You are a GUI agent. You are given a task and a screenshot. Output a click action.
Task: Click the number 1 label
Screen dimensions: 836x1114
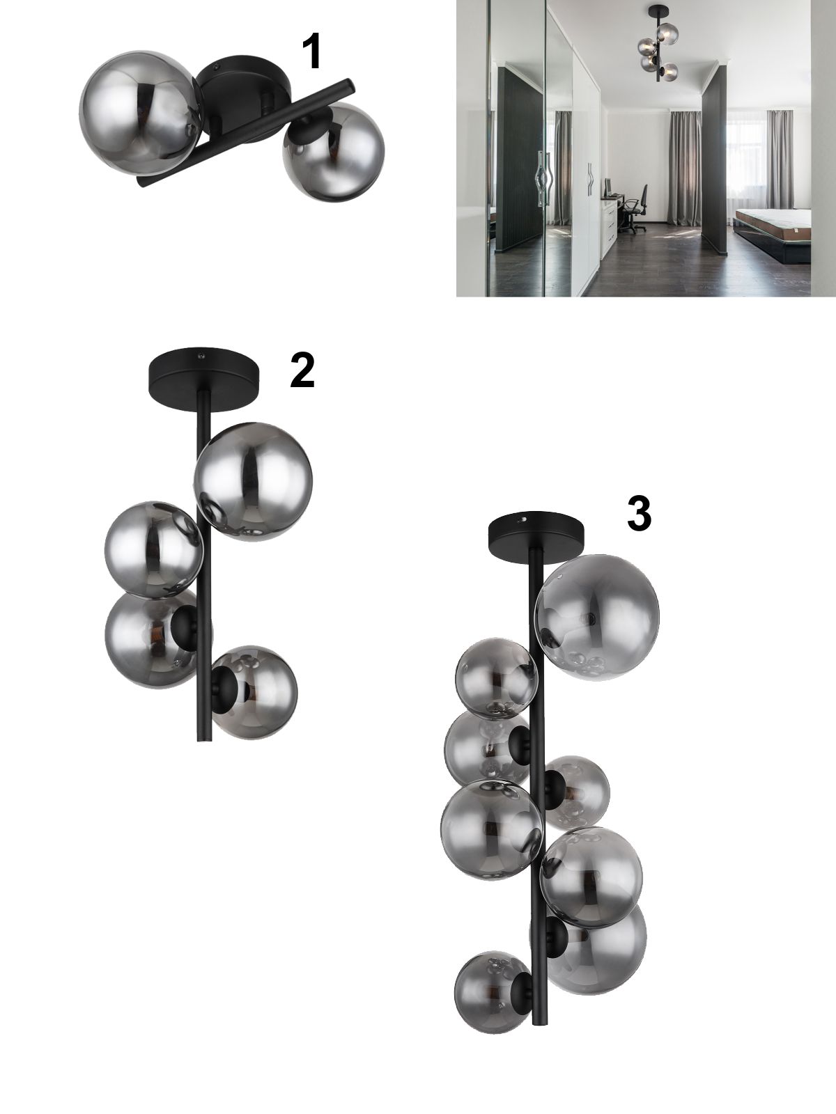(x=311, y=52)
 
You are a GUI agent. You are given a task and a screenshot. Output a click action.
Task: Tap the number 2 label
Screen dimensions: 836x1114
(x=302, y=370)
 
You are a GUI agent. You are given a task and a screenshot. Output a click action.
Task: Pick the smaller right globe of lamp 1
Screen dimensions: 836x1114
(x=333, y=150)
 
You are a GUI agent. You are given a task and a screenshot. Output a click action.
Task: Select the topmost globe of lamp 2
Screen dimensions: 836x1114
(x=253, y=481)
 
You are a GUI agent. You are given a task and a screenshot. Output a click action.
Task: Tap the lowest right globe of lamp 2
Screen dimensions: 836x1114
(x=254, y=692)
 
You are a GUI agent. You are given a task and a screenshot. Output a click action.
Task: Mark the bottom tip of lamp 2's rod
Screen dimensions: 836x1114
(x=203, y=741)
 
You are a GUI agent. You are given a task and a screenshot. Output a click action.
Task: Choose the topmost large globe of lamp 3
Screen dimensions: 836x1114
(x=597, y=617)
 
